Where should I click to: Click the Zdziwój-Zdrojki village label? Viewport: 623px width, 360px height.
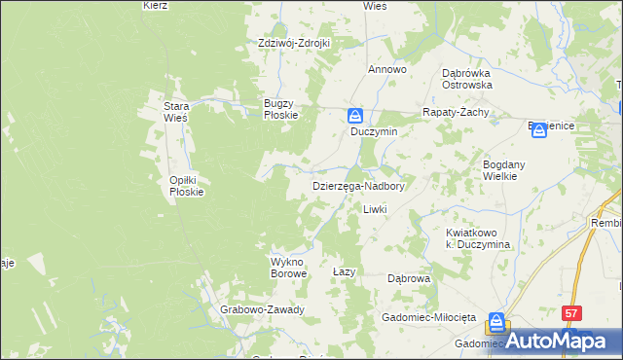294,43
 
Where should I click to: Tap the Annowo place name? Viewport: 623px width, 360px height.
386,70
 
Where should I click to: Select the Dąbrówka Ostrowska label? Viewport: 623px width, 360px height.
467,79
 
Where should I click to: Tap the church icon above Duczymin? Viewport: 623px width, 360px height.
357,115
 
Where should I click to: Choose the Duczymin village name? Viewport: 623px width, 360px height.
374,131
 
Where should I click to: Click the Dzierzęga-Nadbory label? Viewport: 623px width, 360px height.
357,185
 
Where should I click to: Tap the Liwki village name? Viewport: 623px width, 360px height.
376,210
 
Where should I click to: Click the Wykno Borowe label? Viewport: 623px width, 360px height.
288,268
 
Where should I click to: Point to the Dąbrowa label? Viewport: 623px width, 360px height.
409,278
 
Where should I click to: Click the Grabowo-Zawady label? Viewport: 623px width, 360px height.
263,310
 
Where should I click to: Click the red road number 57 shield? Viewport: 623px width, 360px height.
571,313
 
